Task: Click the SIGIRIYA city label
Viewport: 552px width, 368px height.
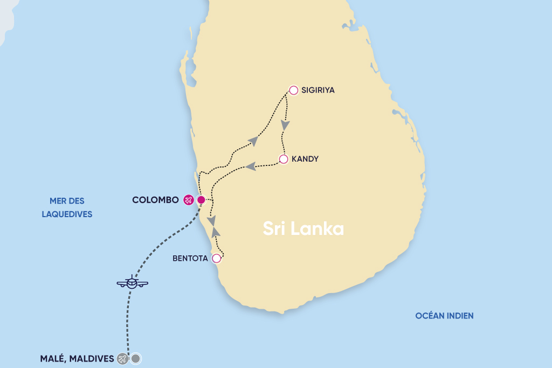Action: click(x=318, y=91)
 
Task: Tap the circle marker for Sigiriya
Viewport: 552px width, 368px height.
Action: click(x=294, y=90)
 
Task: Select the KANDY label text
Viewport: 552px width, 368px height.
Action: click(x=305, y=159)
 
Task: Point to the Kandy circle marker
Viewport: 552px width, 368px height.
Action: click(x=284, y=159)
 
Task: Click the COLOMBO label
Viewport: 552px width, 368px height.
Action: click(x=155, y=200)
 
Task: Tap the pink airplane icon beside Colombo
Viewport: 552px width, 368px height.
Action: click(x=188, y=200)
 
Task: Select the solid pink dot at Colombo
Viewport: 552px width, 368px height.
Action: click(x=201, y=200)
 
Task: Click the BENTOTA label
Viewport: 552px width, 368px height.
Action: click(x=190, y=259)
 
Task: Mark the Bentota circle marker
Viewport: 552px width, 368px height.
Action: click(x=216, y=258)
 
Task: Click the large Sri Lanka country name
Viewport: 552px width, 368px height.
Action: click(x=303, y=228)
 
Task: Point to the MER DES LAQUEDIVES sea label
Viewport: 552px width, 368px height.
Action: click(x=67, y=207)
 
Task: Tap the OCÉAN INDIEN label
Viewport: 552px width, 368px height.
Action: click(x=444, y=316)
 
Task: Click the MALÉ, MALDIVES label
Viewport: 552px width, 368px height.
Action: click(x=77, y=358)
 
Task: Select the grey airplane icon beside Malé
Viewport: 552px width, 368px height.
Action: click(x=123, y=358)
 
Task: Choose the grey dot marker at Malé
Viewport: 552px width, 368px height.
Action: click(x=136, y=358)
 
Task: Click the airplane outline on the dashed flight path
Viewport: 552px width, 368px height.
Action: click(x=132, y=282)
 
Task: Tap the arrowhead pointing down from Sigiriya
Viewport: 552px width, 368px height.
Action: click(x=285, y=124)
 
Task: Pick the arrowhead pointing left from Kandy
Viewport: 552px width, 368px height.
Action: click(x=250, y=166)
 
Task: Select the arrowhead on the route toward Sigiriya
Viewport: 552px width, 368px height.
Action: click(x=253, y=141)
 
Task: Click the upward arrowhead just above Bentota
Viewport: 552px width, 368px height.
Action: click(x=216, y=232)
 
